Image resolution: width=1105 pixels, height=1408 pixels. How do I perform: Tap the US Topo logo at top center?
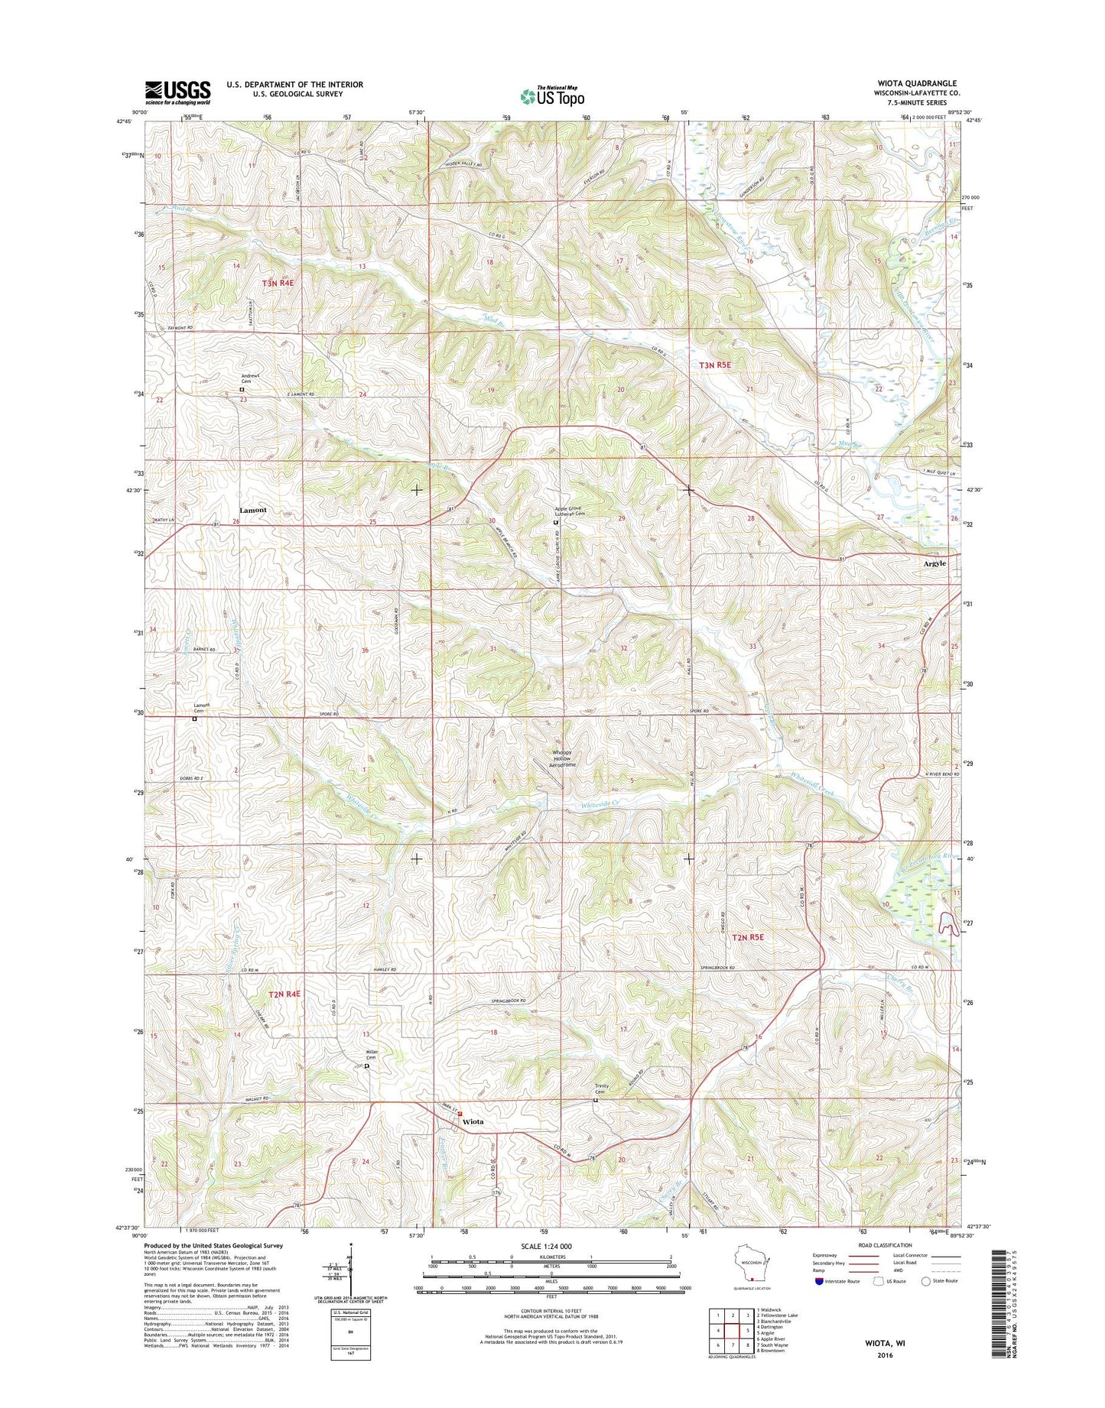coord(552,96)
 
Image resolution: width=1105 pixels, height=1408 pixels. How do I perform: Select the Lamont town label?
coord(253,510)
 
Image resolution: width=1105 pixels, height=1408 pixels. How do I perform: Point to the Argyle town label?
coord(934,563)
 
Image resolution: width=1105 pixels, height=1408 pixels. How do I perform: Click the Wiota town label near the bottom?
coord(473,1121)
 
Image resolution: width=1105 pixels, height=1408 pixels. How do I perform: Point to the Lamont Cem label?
coord(201,708)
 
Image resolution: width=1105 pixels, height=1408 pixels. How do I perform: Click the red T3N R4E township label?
coord(278,283)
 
